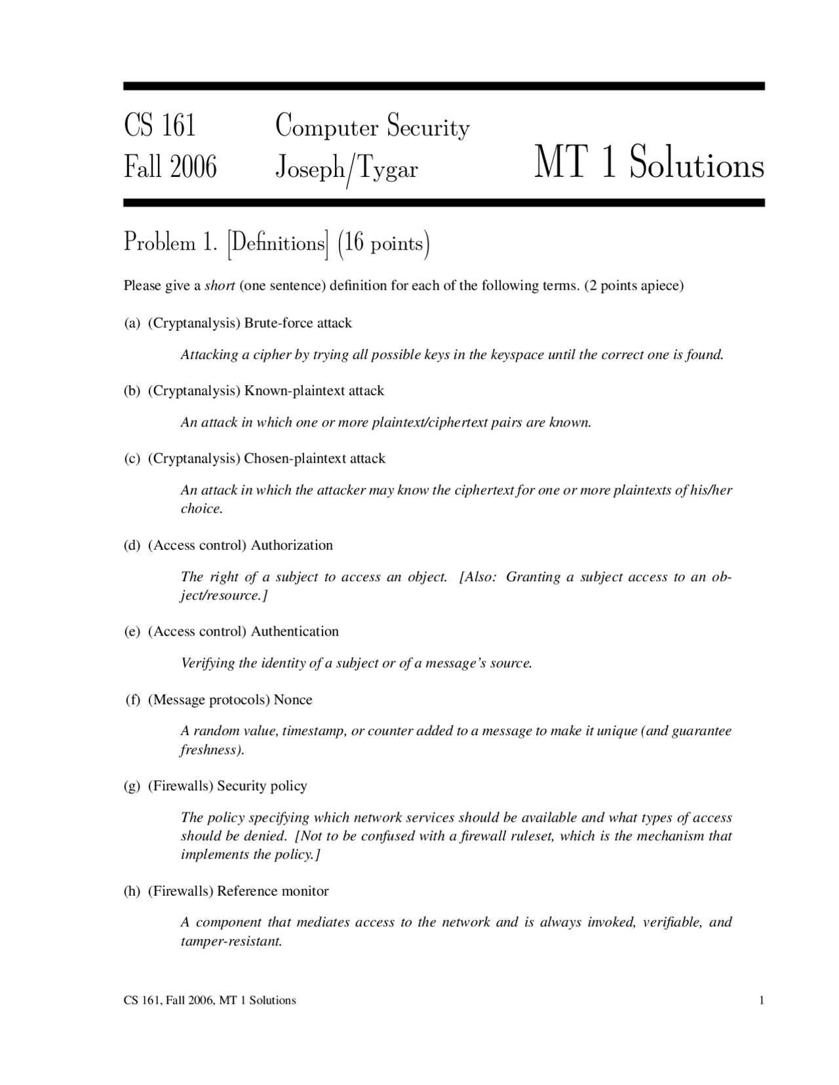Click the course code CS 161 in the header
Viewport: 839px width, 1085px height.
[160, 125]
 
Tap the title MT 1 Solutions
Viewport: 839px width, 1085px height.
[649, 164]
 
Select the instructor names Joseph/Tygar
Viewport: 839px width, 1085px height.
[346, 170]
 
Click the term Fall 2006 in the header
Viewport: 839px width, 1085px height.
[170, 168]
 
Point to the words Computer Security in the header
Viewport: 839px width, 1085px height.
[372, 126]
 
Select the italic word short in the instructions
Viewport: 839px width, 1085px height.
[220, 286]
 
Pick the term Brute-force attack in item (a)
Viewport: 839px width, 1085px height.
[298, 323]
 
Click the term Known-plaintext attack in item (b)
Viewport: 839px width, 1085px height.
[314, 390]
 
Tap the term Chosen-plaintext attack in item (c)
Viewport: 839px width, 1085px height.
[314, 458]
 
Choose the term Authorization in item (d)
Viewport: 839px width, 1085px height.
[292, 545]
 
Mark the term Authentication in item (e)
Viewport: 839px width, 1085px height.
[295, 632]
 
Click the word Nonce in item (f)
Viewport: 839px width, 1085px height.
[293, 700]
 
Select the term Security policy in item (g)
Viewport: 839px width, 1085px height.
[262, 786]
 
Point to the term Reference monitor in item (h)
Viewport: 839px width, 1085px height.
[273, 891]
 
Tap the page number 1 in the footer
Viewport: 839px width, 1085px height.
[761, 1000]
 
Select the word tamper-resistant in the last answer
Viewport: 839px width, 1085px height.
[231, 942]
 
